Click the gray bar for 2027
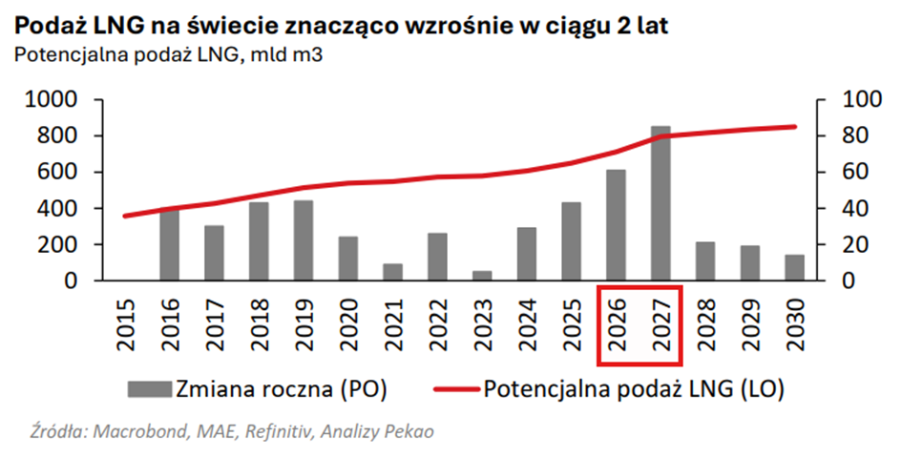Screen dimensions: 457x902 pyautogui.click(x=661, y=203)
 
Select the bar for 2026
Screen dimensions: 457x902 pyautogui.click(x=617, y=225)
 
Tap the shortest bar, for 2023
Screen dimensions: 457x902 pyautogui.click(x=482, y=275)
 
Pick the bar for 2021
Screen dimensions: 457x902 pyautogui.click(x=392, y=272)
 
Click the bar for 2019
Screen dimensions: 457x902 pyautogui.click(x=304, y=240)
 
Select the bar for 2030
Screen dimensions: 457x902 pyautogui.click(x=795, y=267)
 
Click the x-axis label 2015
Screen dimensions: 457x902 pyautogui.click(x=125, y=324)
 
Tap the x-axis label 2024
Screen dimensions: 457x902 pyautogui.click(x=527, y=324)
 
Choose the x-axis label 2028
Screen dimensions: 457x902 pyautogui.click(x=706, y=324)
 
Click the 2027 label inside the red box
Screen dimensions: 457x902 pyautogui.click(x=661, y=324)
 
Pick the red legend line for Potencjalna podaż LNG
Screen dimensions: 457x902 pyautogui.click(x=456, y=388)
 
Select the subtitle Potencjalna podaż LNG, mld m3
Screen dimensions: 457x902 pyautogui.click(x=167, y=55)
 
